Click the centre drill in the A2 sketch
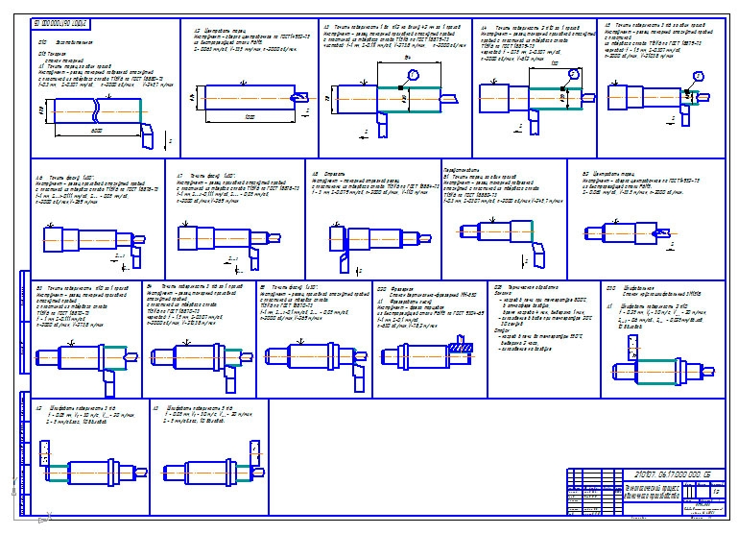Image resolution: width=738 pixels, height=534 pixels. point(300,98)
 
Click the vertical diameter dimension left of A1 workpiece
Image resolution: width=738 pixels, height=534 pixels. point(38,113)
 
